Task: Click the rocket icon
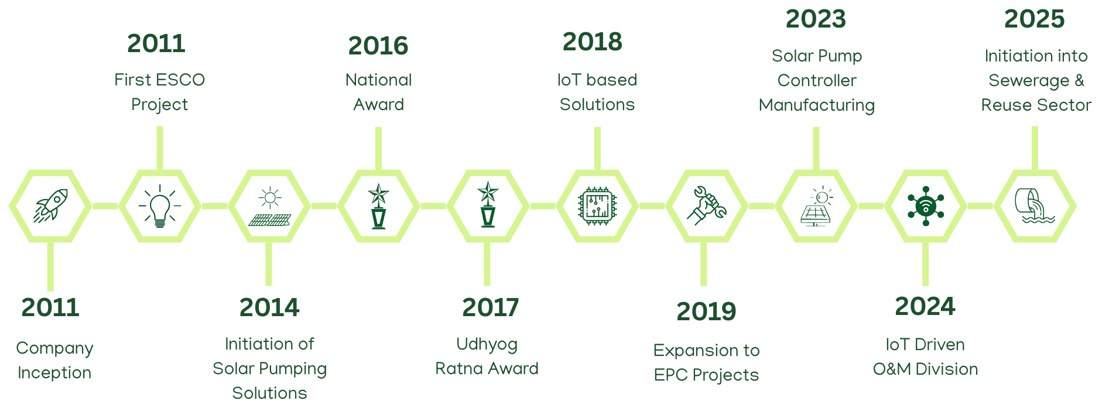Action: click(x=51, y=205)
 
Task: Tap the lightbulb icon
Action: click(x=160, y=206)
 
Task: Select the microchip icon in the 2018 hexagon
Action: click(x=597, y=206)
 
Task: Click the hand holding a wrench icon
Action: click(x=707, y=205)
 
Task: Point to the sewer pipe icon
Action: click(x=1035, y=205)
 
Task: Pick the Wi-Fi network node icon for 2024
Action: click(x=925, y=206)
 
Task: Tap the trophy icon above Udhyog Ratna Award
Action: click(x=488, y=205)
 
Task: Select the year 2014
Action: click(x=269, y=307)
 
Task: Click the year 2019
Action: click(x=706, y=311)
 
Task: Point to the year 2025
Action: click(x=1035, y=19)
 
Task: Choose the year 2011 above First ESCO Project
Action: click(x=156, y=43)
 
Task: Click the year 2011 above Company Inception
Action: click(x=50, y=307)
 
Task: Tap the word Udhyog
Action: click(x=487, y=344)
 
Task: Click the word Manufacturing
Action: click(x=817, y=105)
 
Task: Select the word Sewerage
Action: click(x=1029, y=81)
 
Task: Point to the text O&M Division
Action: click(x=925, y=369)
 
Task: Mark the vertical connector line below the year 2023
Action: click(x=816, y=149)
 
